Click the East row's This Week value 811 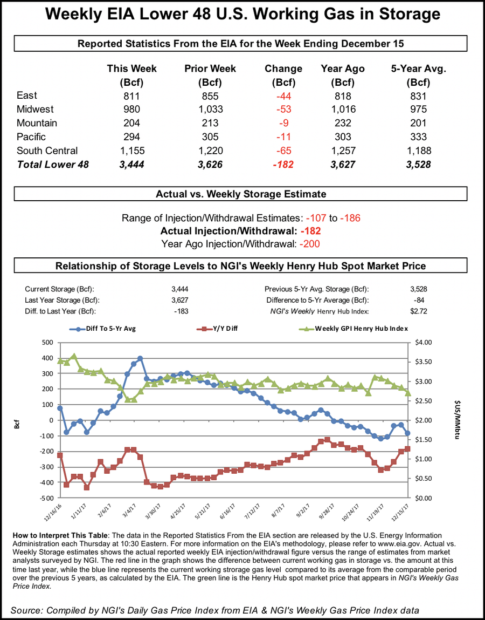(x=131, y=96)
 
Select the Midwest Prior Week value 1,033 (x=210, y=110)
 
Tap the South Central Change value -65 (x=283, y=151)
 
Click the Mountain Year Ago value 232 (x=342, y=124)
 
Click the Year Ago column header (x=342, y=69)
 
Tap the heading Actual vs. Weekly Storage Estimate (x=242, y=194)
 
